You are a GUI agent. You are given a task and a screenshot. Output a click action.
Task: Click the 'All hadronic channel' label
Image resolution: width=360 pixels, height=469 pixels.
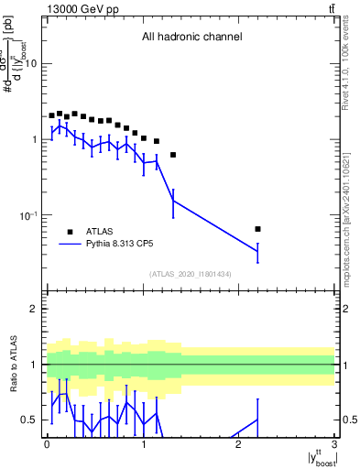click(191, 38)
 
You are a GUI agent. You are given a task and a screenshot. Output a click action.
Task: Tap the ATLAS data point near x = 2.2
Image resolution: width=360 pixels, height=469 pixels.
click(257, 229)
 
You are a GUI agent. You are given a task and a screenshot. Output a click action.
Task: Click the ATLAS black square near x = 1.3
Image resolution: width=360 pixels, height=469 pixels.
click(173, 155)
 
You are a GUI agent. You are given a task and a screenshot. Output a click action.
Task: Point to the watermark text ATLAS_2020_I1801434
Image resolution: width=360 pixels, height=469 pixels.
click(191, 274)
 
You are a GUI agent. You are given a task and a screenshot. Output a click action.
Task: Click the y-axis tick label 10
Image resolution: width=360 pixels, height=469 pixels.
click(31, 64)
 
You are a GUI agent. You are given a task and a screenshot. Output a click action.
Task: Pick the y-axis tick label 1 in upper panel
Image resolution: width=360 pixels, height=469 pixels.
click(35, 140)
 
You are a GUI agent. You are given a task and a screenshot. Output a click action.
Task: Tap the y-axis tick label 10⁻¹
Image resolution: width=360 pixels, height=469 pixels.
click(29, 215)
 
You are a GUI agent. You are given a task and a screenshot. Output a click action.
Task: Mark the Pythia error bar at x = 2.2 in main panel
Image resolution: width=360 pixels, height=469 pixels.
click(257, 251)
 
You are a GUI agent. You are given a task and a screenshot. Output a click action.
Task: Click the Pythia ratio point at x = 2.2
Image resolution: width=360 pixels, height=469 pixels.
click(257, 420)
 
